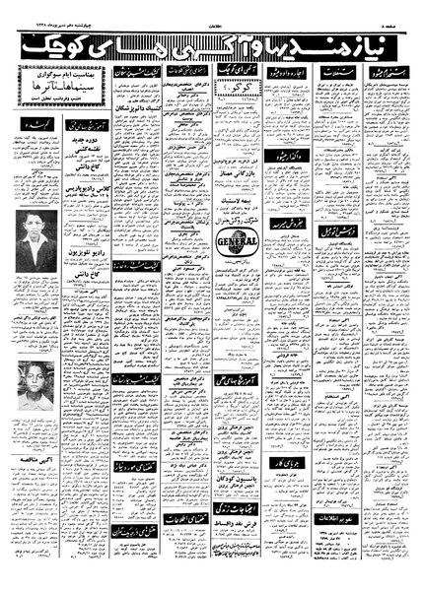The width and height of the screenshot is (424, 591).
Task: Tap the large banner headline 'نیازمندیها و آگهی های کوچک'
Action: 212,43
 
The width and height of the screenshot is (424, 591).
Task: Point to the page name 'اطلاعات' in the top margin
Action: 212,7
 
